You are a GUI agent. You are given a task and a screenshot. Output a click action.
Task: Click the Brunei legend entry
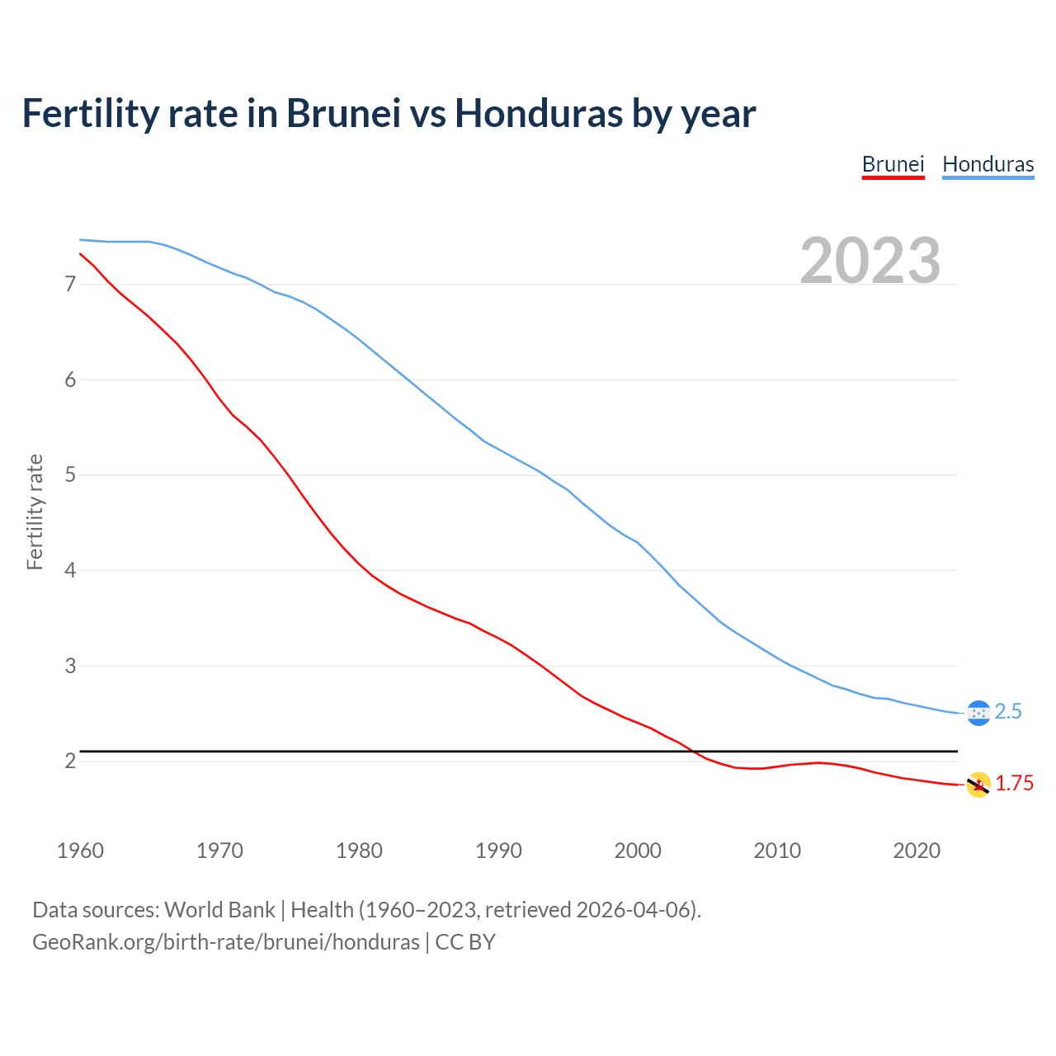pyautogui.click(x=893, y=164)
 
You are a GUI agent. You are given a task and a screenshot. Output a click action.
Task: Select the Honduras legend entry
pyautogui.click(x=988, y=164)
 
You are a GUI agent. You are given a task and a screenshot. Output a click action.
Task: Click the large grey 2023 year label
pyautogui.click(x=870, y=261)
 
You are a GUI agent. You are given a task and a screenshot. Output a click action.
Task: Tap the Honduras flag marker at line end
pyautogui.click(x=978, y=713)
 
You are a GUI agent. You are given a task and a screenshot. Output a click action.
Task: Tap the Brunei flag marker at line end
pyautogui.click(x=978, y=785)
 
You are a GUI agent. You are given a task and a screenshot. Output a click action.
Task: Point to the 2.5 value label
pyautogui.click(x=1008, y=711)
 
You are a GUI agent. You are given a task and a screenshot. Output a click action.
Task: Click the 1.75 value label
pyautogui.click(x=1014, y=783)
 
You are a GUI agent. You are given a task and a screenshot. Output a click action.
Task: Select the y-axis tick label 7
pyautogui.click(x=70, y=285)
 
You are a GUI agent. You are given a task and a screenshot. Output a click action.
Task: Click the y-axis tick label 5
pyautogui.click(x=70, y=475)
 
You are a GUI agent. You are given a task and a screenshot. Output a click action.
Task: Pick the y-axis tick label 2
pyautogui.click(x=70, y=761)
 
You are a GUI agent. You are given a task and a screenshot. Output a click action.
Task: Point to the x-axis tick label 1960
pyautogui.click(x=80, y=851)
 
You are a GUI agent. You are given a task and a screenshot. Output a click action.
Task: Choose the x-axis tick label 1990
pyautogui.click(x=498, y=851)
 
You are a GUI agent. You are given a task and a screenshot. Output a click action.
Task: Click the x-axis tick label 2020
pyautogui.click(x=917, y=851)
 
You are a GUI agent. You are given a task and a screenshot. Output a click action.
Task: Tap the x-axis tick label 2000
pyautogui.click(x=638, y=851)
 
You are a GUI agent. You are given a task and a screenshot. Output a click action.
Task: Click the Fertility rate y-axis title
pyautogui.click(x=35, y=511)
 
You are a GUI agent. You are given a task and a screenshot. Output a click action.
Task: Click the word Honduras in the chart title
pyautogui.click(x=539, y=114)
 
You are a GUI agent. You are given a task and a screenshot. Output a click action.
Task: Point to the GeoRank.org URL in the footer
pyautogui.click(x=225, y=942)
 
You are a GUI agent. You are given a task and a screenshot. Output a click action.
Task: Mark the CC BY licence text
pyautogui.click(x=465, y=942)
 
